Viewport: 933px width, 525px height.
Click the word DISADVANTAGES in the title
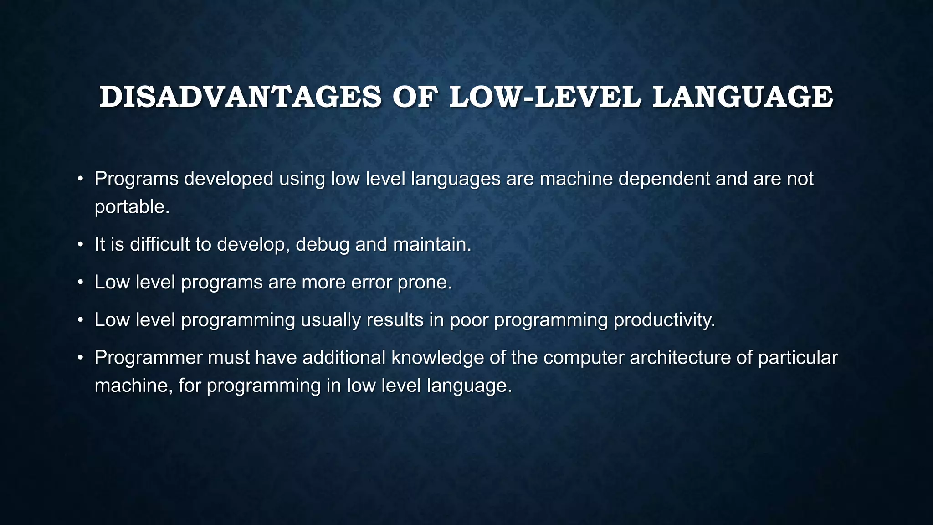[240, 97]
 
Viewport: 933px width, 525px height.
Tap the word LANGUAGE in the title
[743, 97]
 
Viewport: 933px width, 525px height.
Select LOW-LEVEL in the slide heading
[545, 97]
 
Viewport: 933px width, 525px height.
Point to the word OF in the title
[415, 97]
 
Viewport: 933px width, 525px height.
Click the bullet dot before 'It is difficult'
[80, 245]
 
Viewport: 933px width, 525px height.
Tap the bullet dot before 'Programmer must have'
[80, 358]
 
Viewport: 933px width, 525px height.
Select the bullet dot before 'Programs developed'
[80, 179]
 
